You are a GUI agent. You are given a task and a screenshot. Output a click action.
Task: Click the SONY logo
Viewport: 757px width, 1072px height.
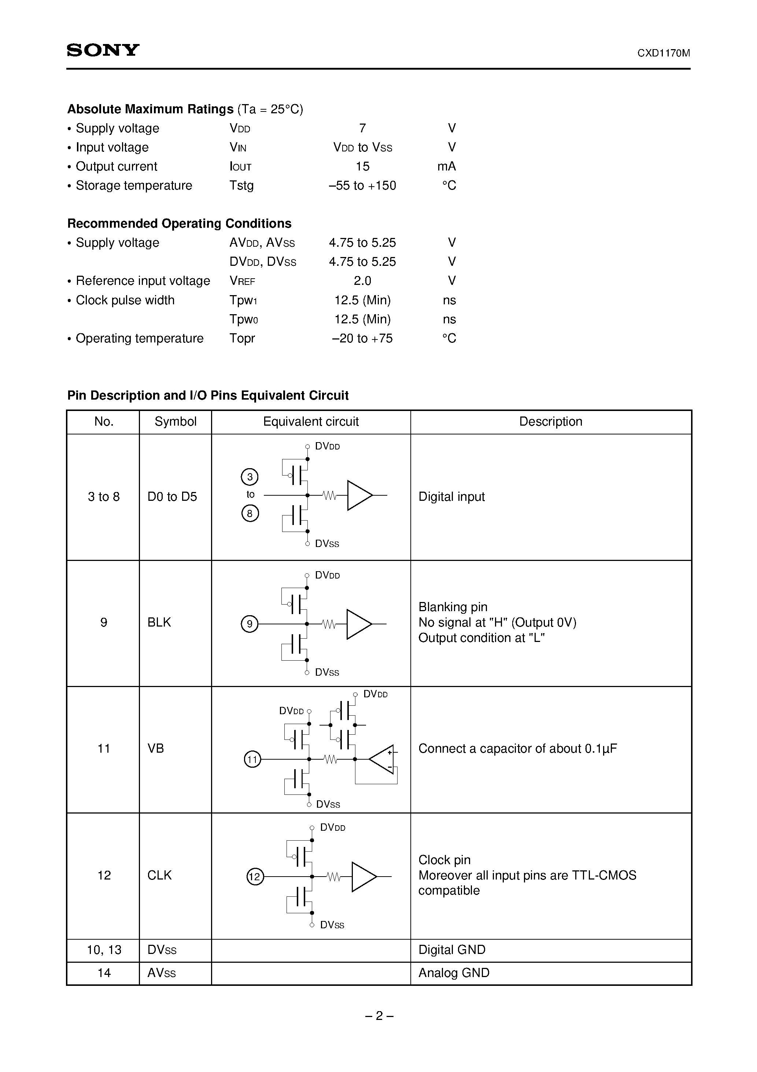tap(103, 50)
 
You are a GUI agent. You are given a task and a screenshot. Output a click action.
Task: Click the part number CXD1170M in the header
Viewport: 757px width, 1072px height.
tap(663, 53)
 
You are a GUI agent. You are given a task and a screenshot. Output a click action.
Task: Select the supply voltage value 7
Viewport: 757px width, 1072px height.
tap(362, 128)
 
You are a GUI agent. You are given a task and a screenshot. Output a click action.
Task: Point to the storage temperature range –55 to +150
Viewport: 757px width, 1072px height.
tap(362, 186)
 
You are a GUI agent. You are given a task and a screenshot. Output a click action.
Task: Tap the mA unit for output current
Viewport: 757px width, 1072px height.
tap(447, 166)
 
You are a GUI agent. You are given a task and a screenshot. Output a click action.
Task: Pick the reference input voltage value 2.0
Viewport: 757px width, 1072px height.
tap(362, 280)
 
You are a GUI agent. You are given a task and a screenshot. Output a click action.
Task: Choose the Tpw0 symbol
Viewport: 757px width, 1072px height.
tap(244, 319)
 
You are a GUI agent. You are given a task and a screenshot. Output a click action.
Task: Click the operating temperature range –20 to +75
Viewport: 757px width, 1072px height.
tap(362, 338)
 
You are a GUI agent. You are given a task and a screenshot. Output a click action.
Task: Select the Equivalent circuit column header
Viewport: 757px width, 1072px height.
tap(311, 422)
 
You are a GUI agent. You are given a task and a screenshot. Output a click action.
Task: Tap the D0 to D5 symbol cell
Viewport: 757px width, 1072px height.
tap(172, 497)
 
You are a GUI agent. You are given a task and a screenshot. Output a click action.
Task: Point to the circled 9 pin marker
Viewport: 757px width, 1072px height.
tap(250, 624)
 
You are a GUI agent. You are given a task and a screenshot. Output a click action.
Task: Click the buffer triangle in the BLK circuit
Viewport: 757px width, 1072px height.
tap(358, 624)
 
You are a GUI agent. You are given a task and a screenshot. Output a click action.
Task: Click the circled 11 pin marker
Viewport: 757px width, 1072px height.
tap(252, 759)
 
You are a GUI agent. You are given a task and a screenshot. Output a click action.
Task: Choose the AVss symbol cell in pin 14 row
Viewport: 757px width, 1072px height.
tap(162, 973)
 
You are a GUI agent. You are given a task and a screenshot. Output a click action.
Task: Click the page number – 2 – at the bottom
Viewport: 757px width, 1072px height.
tap(378, 1016)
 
